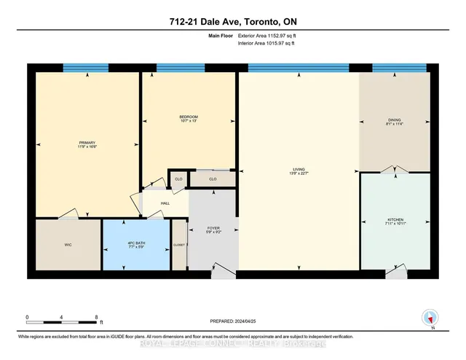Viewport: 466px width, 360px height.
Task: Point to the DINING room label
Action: pyautogui.click(x=395, y=122)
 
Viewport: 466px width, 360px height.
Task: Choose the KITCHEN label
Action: pyautogui.click(x=395, y=222)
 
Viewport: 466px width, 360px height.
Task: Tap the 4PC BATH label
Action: pyautogui.click(x=137, y=243)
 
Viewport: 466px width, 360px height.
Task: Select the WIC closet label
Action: pyautogui.click(x=68, y=244)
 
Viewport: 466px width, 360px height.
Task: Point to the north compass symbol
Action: pyautogui.click(x=430, y=318)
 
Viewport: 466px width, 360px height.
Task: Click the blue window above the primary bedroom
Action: pyautogui.click(x=86, y=68)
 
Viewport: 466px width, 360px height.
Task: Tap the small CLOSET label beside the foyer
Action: pyautogui.click(x=179, y=246)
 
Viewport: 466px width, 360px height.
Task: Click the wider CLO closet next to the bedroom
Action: pyautogui.click(x=213, y=179)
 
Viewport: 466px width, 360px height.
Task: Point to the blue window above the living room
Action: pyautogui.click(x=299, y=68)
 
